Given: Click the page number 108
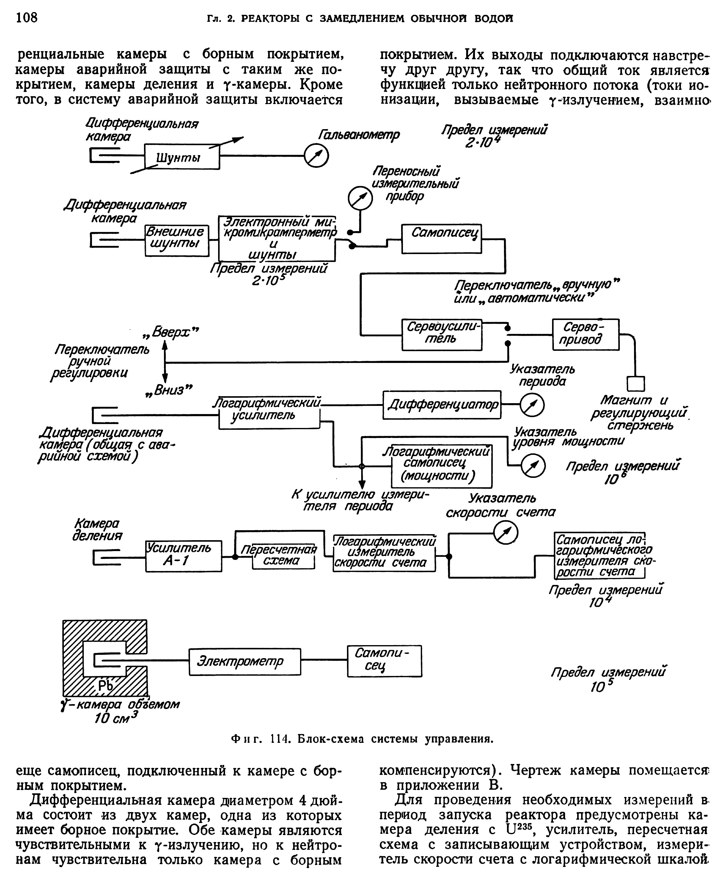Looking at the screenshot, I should (x=27, y=18).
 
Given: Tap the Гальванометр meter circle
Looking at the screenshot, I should (x=316, y=156).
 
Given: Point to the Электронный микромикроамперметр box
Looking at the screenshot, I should (x=277, y=238).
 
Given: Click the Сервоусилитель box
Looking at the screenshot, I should (x=442, y=335).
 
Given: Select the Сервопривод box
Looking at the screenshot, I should (x=585, y=335).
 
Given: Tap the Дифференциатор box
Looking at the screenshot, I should (x=442, y=405).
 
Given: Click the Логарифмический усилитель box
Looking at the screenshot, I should (x=269, y=413).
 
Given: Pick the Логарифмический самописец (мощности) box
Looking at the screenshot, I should (x=442, y=466).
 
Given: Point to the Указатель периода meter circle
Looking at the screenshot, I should (x=532, y=405).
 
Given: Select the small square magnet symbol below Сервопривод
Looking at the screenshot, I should (x=636, y=384).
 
